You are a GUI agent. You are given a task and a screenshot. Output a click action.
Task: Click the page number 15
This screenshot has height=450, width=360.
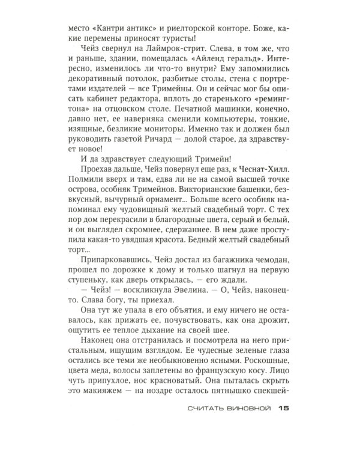pyautogui.click(x=284, y=409)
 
